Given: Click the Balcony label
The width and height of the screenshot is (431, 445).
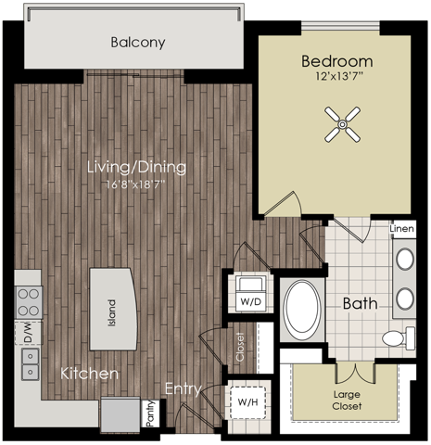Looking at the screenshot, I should click(137, 42).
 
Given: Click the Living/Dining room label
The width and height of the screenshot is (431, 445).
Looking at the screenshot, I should click(136, 168).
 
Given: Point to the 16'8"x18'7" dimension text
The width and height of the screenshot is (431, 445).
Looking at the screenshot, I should click(137, 184).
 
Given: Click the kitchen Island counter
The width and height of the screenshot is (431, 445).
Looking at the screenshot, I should click(111, 307).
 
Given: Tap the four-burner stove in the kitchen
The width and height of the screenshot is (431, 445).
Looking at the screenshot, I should click(28, 302).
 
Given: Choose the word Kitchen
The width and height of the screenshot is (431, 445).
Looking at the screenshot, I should click(89, 374).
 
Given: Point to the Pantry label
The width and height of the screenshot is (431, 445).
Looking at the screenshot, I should click(148, 413).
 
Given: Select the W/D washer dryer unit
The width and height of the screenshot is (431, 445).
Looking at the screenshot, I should click(249, 293).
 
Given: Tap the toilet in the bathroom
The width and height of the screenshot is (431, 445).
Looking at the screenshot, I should click(395, 337).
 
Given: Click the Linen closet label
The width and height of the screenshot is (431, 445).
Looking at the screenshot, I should click(400, 228).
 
